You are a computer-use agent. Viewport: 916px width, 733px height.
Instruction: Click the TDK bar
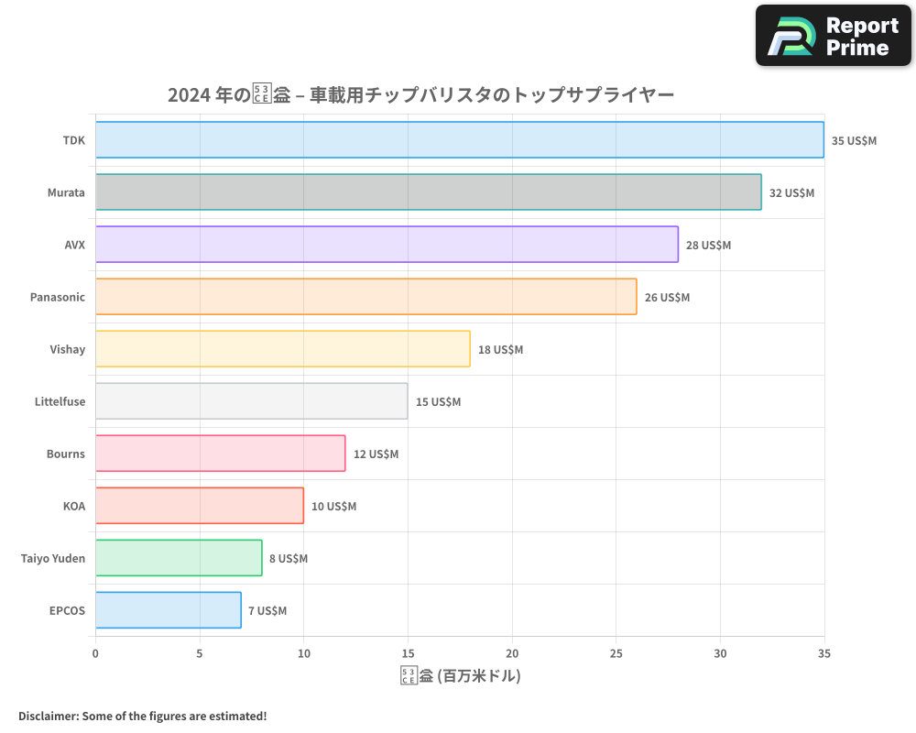[x=459, y=140]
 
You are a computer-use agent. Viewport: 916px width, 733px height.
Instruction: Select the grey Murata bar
[x=428, y=192]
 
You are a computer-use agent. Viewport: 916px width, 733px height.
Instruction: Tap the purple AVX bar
[x=387, y=245]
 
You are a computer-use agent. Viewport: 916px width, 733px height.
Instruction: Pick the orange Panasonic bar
[x=365, y=297]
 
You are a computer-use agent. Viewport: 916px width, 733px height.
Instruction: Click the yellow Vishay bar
[x=282, y=349]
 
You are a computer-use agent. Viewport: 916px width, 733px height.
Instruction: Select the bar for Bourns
[x=220, y=454]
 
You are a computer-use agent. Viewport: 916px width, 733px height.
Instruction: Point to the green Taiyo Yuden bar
[x=179, y=558]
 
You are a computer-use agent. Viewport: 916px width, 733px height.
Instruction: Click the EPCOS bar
[x=168, y=610]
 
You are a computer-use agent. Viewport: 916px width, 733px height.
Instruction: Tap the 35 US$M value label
[x=854, y=141]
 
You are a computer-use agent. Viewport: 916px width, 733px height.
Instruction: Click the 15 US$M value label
[x=438, y=402]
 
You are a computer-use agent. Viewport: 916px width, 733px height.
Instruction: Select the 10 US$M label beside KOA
[x=333, y=507]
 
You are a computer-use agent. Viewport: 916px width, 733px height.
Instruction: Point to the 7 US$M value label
[x=267, y=611]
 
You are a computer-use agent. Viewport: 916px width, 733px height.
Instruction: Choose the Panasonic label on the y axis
[x=57, y=297]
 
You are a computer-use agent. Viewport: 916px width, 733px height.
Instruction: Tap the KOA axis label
[x=73, y=506]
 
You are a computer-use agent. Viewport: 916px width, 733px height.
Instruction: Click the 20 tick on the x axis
[x=512, y=653]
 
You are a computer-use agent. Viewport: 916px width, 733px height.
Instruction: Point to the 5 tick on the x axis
[x=200, y=653]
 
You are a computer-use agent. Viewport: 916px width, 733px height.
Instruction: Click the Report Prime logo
[x=833, y=36]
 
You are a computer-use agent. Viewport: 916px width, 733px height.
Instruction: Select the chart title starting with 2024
[x=420, y=95]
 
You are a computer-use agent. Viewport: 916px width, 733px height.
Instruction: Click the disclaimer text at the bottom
[x=142, y=716]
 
